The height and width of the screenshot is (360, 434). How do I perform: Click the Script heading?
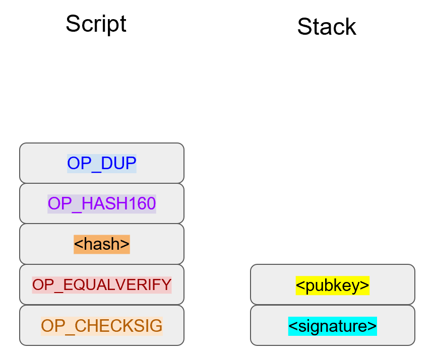point(96,24)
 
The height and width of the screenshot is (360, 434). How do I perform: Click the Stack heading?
point(327,27)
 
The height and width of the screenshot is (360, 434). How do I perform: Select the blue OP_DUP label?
point(102,164)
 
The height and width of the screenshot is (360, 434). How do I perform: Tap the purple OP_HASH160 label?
point(102,204)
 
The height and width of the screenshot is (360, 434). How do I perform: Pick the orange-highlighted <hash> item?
point(102,244)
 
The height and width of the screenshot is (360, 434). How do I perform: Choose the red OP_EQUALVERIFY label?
point(102,285)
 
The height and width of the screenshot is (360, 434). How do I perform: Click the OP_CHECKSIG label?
point(102,326)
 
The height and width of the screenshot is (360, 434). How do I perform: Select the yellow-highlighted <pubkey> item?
point(333,285)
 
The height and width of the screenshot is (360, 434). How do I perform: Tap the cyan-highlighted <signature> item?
point(333,326)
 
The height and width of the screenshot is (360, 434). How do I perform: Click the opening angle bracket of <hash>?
point(78,245)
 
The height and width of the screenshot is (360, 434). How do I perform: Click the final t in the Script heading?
point(122,24)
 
